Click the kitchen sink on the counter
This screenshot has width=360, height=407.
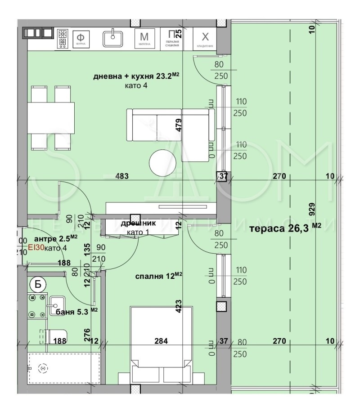click(113, 38)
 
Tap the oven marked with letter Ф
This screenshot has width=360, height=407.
click(81, 39)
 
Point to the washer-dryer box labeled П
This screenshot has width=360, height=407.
click(171, 38)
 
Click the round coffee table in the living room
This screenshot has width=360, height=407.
click(163, 163)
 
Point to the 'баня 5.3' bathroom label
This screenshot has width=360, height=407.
click(71, 311)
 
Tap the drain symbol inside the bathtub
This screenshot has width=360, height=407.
click(43, 368)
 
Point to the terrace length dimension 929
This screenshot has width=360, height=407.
click(312, 208)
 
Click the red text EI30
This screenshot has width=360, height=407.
click(35, 247)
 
